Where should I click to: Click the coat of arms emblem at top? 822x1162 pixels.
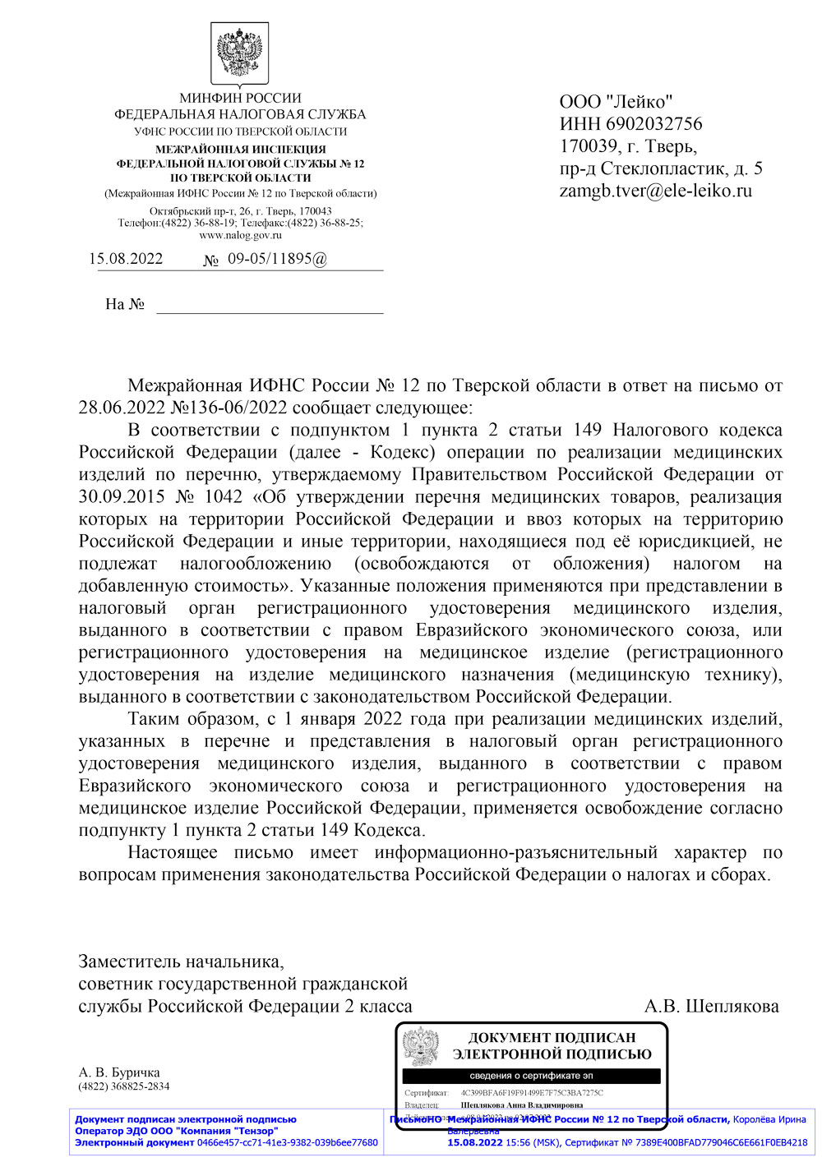[x=240, y=55]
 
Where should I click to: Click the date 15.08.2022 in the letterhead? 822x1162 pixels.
[x=126, y=259]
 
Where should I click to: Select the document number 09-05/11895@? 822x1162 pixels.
[x=277, y=259]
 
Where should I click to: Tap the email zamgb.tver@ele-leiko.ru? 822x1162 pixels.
[x=655, y=191]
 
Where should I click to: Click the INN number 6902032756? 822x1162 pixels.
[x=653, y=124]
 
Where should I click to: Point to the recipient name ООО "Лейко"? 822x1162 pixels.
[x=616, y=102]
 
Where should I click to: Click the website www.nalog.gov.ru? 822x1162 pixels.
[x=240, y=235]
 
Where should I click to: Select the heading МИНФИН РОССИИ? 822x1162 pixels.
[x=240, y=98]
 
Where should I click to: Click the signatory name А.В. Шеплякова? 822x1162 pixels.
[x=711, y=1007]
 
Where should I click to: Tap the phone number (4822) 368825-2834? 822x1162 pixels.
[x=123, y=1086]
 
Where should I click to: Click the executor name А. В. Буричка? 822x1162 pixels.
[x=119, y=1072]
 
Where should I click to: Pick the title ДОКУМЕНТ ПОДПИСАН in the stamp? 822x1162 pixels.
[x=552, y=1038]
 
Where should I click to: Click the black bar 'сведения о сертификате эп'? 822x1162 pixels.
[x=531, y=1076]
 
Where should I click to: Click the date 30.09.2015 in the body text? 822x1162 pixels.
[x=122, y=496]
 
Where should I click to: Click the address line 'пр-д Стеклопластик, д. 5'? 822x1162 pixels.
[x=660, y=168]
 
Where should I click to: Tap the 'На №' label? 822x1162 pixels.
[x=125, y=304]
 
